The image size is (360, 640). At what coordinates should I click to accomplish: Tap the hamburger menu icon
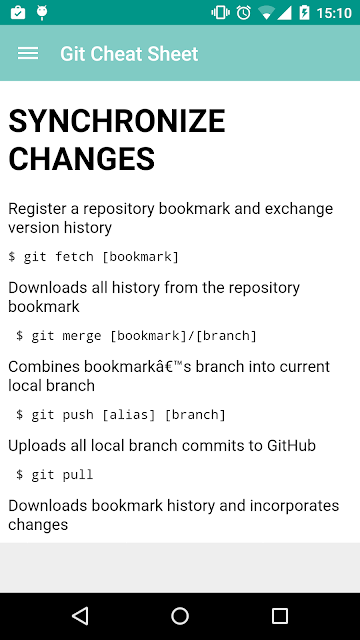click(28, 53)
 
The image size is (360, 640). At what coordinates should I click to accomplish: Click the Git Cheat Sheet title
click(129, 54)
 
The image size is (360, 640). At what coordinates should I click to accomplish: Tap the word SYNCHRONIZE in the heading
click(117, 121)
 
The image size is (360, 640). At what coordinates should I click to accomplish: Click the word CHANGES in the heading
click(82, 158)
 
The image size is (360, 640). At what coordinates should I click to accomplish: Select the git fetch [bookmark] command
click(93, 257)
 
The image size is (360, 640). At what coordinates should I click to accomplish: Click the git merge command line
click(136, 336)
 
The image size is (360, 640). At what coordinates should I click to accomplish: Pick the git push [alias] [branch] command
click(121, 415)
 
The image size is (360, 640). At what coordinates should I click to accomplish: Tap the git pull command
click(55, 475)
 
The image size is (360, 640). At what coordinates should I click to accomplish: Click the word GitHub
click(291, 445)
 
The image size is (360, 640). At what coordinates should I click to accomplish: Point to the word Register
click(37, 209)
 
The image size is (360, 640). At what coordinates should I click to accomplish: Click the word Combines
click(43, 367)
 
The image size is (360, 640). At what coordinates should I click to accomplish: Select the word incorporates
click(294, 506)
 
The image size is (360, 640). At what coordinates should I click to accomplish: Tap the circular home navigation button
click(180, 616)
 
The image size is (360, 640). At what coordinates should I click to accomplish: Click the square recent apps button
click(280, 616)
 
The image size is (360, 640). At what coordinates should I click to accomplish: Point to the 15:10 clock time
click(334, 13)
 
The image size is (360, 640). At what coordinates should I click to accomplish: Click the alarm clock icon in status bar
click(244, 13)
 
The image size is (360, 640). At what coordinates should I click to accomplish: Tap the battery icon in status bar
click(304, 13)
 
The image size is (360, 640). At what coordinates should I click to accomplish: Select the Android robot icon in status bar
click(42, 12)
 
